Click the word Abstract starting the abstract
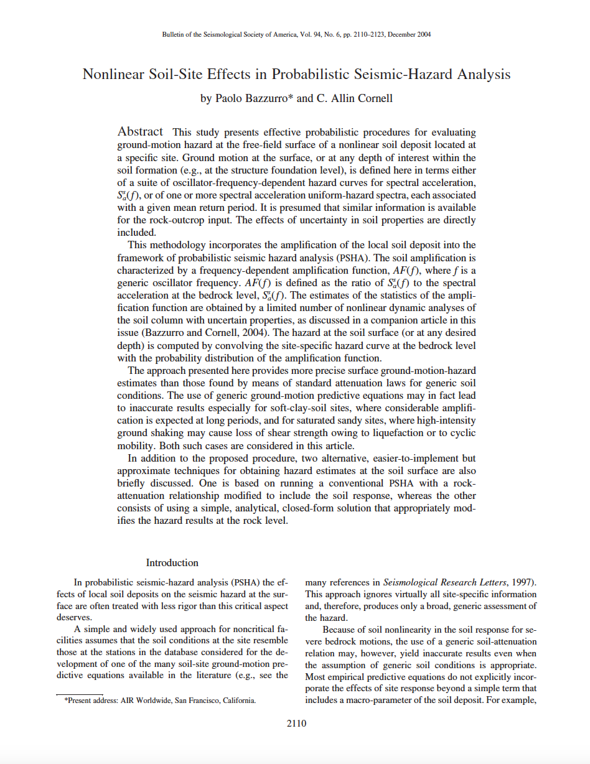141,132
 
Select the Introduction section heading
172,562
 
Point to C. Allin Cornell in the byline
353,98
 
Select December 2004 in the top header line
410,34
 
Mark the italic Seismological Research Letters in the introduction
444,583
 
